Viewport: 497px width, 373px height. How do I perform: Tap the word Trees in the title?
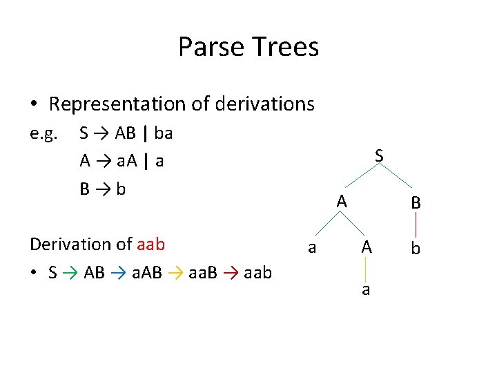285,47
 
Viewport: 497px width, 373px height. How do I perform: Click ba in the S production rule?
164,133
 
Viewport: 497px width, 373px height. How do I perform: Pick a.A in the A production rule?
126,161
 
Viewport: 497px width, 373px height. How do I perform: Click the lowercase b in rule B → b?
121,189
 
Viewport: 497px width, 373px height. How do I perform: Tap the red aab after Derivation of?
150,245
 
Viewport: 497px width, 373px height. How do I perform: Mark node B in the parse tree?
416,204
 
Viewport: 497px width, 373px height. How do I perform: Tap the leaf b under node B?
416,248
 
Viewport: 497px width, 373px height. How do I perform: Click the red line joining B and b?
416,225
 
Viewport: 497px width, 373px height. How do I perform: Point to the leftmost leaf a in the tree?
312,248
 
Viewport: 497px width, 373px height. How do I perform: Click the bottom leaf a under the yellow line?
366,290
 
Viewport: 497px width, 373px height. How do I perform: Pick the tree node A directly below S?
342,202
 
